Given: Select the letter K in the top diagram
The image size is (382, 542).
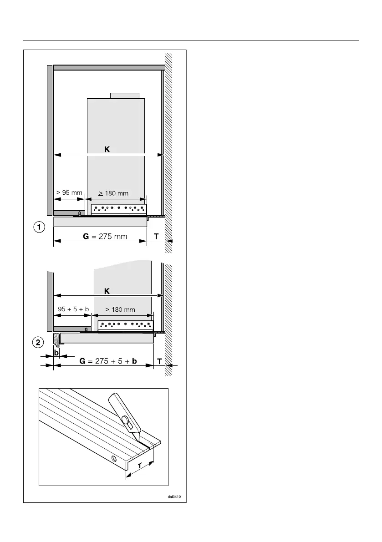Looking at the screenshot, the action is click(x=107, y=149).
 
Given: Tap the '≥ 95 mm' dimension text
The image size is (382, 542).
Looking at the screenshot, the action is click(x=69, y=192).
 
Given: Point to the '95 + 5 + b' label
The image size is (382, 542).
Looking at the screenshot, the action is click(x=73, y=309).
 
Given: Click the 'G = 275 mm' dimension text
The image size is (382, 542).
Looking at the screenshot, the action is click(x=97, y=236).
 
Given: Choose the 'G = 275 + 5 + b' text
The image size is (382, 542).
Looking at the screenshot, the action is click(x=108, y=361).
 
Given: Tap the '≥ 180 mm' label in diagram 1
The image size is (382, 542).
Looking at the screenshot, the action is click(x=114, y=193).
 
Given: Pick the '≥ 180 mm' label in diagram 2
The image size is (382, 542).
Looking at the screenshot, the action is click(x=121, y=309).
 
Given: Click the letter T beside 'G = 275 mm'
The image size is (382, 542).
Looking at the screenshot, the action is click(x=156, y=236).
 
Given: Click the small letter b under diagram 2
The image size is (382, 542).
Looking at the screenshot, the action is click(x=57, y=352).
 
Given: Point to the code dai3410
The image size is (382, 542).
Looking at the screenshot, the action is click(x=175, y=496).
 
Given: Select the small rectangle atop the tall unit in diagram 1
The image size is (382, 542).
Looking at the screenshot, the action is click(x=125, y=95).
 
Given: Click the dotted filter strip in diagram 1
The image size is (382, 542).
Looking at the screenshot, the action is click(x=119, y=209).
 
